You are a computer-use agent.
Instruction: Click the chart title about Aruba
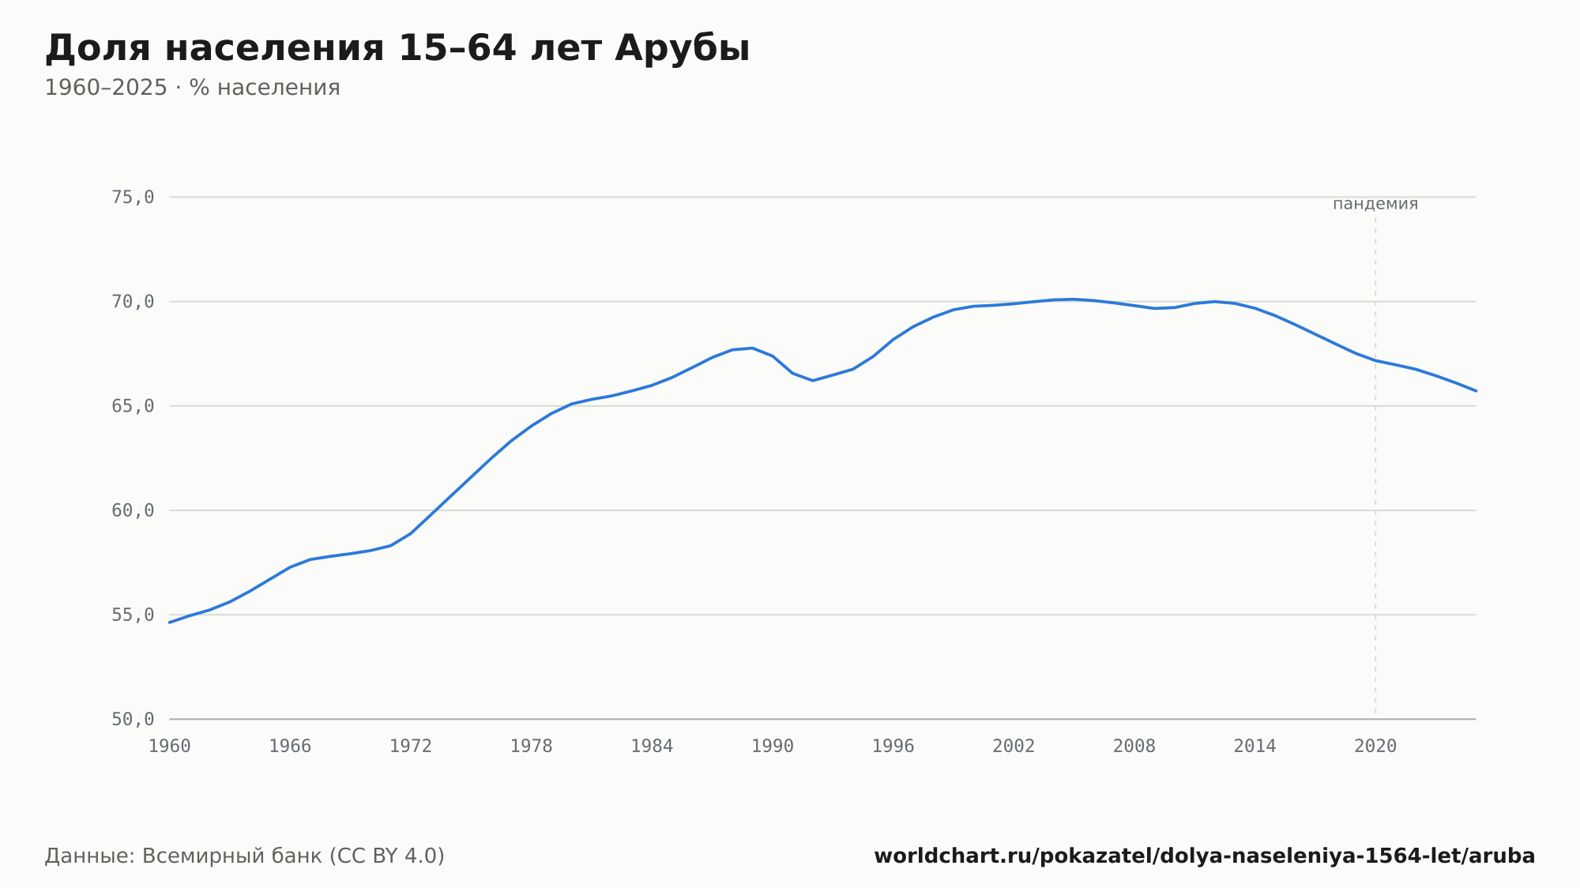click(x=397, y=48)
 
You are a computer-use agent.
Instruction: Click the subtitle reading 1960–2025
click(x=192, y=88)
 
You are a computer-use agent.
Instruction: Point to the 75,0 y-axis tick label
click(x=133, y=198)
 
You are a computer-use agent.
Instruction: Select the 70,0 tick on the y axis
click(x=133, y=302)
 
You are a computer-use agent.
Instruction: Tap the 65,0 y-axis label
click(x=133, y=406)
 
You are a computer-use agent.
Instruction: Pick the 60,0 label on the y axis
click(x=133, y=510)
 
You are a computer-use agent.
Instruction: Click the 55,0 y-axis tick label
click(x=133, y=615)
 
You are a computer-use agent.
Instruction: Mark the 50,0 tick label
click(x=133, y=719)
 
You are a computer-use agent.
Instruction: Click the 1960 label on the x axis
click(x=170, y=747)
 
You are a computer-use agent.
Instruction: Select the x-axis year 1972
click(x=411, y=747)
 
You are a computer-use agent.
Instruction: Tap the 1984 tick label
click(x=652, y=747)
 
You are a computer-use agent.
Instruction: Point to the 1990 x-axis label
click(x=773, y=747)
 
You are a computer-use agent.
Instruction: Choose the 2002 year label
click(x=1014, y=747)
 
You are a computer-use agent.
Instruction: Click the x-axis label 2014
click(x=1255, y=747)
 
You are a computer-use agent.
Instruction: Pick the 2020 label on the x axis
click(x=1375, y=747)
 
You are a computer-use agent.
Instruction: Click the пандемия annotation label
click(x=1375, y=204)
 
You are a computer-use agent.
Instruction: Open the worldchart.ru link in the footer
click(x=1204, y=856)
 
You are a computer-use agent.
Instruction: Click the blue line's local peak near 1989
click(x=752, y=348)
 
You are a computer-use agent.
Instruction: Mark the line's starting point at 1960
click(x=170, y=623)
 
